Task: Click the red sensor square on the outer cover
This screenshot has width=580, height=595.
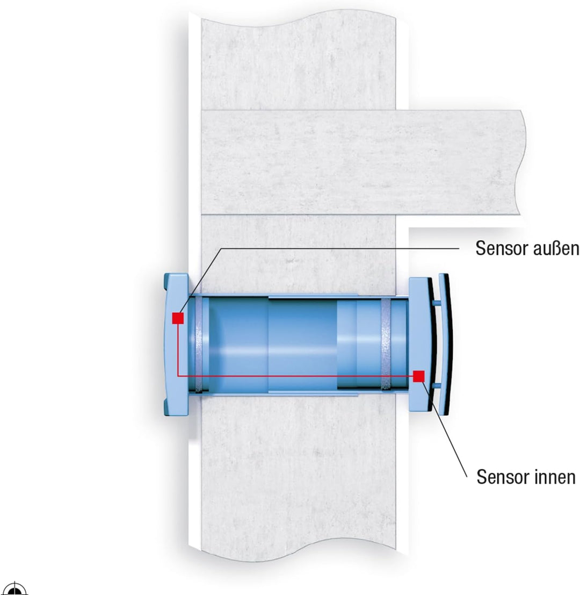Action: [x=178, y=318]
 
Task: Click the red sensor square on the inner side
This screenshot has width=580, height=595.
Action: [x=418, y=376]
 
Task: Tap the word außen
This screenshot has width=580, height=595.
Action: [x=556, y=248]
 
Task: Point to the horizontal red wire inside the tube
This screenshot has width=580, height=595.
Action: [x=295, y=376]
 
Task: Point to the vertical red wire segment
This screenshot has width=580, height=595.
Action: [x=178, y=350]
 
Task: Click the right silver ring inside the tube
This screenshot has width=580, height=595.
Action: [x=386, y=345]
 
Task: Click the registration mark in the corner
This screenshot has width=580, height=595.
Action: [x=15, y=589]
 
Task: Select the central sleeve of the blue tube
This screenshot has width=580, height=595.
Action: [x=303, y=345]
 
